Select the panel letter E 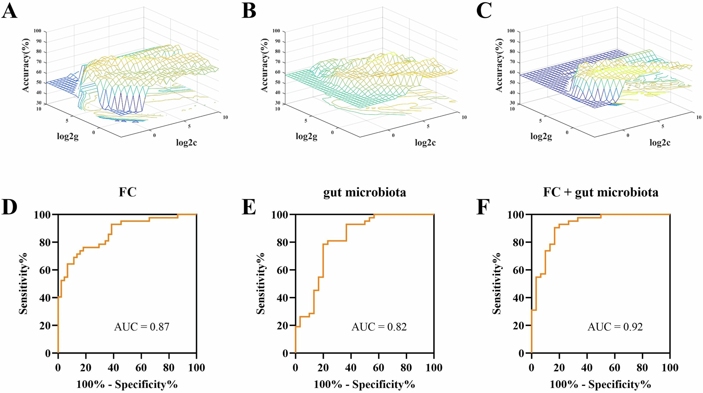(248, 208)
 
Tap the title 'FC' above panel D (127, 192)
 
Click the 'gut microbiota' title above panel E (364, 192)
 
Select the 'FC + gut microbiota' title (600, 192)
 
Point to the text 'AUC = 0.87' (142, 326)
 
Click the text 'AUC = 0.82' (379, 326)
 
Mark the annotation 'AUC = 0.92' (615, 326)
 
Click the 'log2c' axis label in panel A (187, 143)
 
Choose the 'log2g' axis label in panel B (306, 136)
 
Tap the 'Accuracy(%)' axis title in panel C (499, 65)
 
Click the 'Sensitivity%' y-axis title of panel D (23, 283)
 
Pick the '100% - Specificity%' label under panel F (600, 384)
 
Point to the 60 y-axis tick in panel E (282, 270)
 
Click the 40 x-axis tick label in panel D (114, 367)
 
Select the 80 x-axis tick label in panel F (642, 367)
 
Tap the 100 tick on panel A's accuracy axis (37, 31)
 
